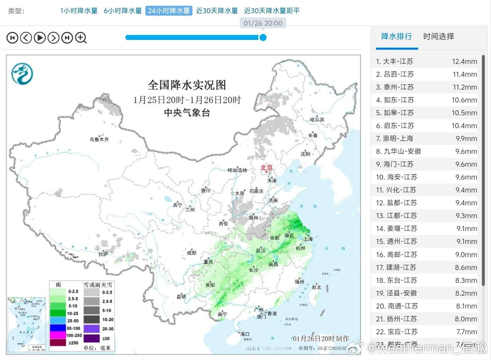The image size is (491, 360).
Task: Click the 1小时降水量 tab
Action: tap(79, 11)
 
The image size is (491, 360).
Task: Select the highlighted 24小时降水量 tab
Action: tap(169, 11)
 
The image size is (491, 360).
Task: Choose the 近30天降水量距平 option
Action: tap(272, 11)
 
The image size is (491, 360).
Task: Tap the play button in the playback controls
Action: tap(40, 37)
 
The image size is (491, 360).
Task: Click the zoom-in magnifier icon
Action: tap(81, 37)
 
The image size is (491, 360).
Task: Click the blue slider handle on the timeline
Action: tap(263, 37)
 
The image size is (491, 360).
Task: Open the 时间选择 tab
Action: tap(438, 36)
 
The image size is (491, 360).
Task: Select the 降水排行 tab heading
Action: tap(396, 36)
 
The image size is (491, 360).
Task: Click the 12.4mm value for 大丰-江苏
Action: tap(464, 62)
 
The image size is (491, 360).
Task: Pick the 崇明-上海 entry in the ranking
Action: tap(394, 138)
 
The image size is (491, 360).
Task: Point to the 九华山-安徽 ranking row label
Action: tap(398, 151)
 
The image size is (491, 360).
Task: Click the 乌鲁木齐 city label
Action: tap(99, 139)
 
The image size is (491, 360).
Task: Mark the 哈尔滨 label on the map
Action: tap(316, 119)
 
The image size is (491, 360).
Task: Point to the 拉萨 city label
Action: tap(103, 254)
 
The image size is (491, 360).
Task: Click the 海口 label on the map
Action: tap(244, 334)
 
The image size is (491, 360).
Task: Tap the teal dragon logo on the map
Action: tap(22, 74)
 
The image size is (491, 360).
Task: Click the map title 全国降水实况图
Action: tap(187, 85)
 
